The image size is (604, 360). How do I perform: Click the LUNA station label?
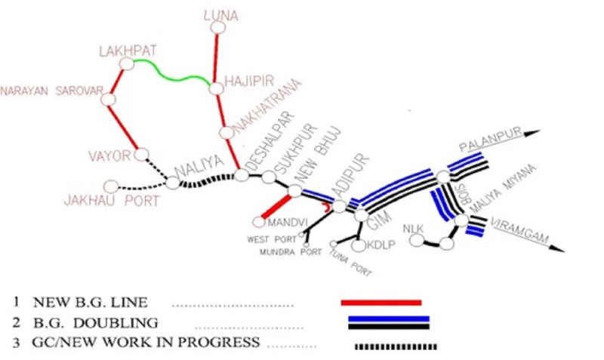220,14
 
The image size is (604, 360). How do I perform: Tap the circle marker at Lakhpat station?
127,64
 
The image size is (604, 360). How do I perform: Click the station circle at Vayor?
141,155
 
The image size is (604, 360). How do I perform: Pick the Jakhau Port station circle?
111,186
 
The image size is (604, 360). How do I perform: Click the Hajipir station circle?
217,88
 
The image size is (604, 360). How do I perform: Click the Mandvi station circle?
259,222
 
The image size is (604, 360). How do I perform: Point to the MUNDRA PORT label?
290,251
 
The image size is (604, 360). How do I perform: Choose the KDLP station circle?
358,245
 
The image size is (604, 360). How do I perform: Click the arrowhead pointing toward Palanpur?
534,133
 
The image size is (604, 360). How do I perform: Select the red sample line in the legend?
381,302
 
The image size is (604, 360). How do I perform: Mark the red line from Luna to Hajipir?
217,59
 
